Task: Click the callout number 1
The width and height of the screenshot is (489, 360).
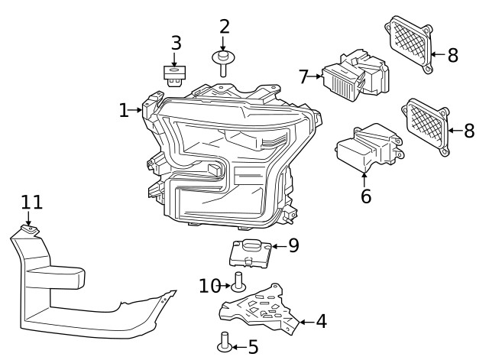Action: coord(124,111)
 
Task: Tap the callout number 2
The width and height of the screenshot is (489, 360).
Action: coord(224,27)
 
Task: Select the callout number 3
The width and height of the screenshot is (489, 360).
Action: coord(176,43)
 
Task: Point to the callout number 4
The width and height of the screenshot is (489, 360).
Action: coord(321,322)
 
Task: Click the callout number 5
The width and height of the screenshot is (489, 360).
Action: coord(253,347)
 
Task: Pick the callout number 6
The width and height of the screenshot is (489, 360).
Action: coord(366,196)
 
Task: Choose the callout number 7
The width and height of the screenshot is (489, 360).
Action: coord(303,76)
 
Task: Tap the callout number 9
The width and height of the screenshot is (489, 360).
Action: coord(293,245)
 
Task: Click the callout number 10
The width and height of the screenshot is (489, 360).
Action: coord(209,286)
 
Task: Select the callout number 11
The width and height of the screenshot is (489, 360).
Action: coord(31,203)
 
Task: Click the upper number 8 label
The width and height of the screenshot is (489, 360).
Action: coord(452,55)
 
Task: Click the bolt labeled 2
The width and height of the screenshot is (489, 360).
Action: coord(223,62)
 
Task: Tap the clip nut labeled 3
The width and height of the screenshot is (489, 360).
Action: coord(175,75)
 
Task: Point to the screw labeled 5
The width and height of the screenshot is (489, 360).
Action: coord(225,342)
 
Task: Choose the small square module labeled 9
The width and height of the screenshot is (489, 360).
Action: coord(251,252)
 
